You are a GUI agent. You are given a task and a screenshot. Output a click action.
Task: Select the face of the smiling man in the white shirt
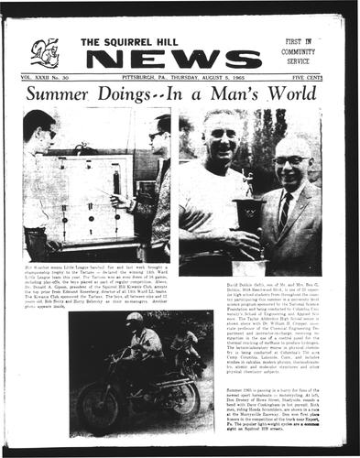coord(219,138)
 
